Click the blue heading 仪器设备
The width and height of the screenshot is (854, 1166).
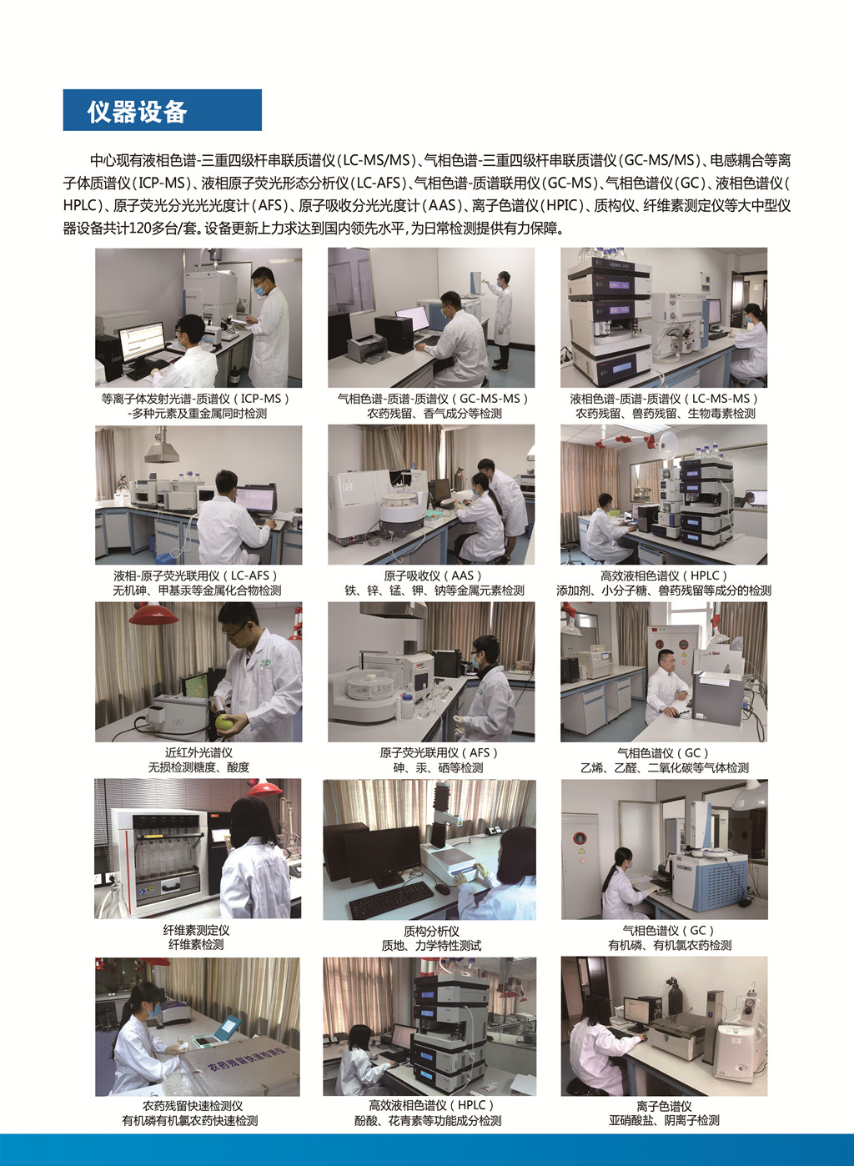(x=137, y=112)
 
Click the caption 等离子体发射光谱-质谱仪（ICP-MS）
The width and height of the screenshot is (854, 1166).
(x=196, y=399)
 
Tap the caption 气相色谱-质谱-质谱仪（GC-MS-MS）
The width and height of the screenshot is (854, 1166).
(x=434, y=399)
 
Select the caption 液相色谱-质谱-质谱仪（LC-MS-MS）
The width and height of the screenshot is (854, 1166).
(x=665, y=399)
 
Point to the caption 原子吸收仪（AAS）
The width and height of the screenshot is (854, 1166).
(x=434, y=575)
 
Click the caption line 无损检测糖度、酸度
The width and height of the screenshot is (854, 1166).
(x=198, y=767)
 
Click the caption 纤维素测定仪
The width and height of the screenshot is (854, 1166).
(x=196, y=930)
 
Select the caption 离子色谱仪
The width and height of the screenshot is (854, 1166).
(x=664, y=1107)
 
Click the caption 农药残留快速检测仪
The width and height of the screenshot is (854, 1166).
(x=193, y=1106)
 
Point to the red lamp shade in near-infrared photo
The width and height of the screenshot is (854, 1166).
(x=153, y=614)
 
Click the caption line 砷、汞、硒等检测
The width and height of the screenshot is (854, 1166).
(x=438, y=768)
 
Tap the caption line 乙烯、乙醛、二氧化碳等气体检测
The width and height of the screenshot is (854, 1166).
(x=665, y=768)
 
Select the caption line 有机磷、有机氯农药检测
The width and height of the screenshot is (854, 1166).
(x=670, y=945)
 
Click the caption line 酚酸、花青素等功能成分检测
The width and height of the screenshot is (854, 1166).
(x=428, y=1121)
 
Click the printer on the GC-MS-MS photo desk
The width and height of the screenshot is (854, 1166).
(x=366, y=349)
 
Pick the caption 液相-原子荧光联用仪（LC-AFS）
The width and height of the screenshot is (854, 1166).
(x=197, y=575)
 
